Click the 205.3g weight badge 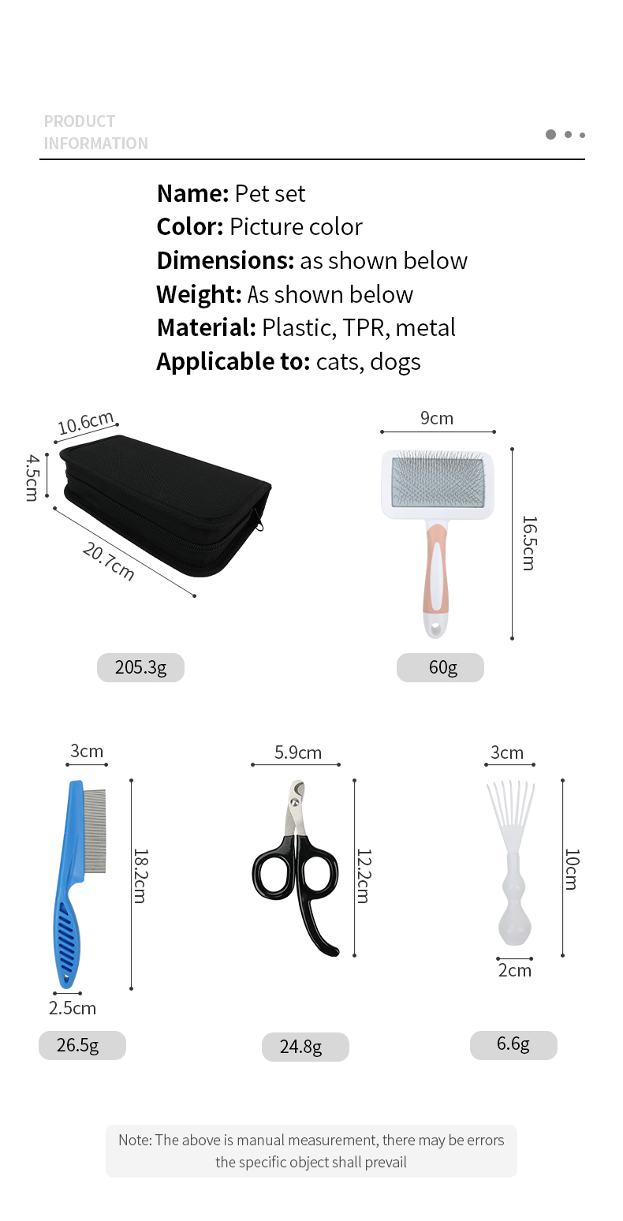coord(140,667)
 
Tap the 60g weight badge coord(440,667)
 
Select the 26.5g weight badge coord(82,1045)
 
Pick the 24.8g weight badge coord(305,1047)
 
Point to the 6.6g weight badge coord(513,1045)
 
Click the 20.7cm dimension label coord(109,561)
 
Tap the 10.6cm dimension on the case coord(86,423)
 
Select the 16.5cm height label coord(529,543)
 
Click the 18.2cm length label coord(140,876)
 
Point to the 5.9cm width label coord(297,752)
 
